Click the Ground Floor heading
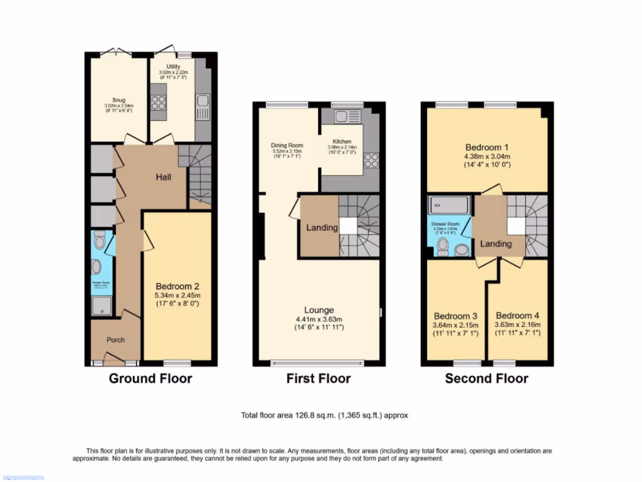click(150, 378)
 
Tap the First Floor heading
click(318, 378)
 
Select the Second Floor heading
click(487, 378)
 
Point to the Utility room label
click(173, 67)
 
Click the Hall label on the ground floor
click(164, 177)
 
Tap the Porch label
click(115, 340)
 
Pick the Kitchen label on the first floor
click(342, 142)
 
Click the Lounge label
click(319, 310)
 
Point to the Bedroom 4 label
click(517, 316)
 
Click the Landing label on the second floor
click(496, 244)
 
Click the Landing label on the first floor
click(322, 227)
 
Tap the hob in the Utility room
click(158, 102)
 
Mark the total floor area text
click(325, 415)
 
